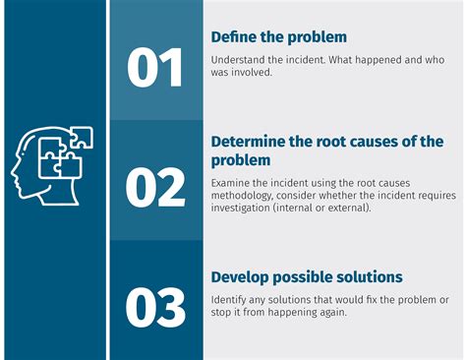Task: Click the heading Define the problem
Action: click(279, 37)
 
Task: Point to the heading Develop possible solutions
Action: click(307, 277)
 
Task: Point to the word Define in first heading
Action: click(234, 37)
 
